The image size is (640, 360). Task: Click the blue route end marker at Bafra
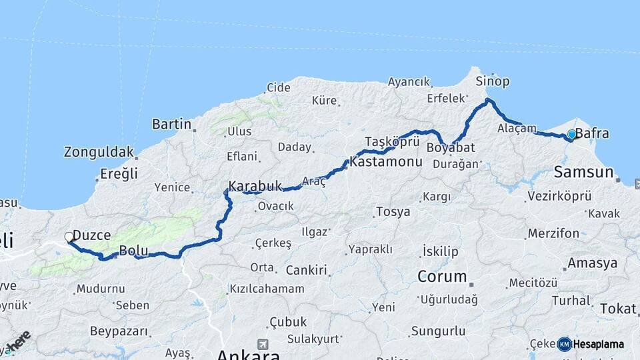tap(571, 135)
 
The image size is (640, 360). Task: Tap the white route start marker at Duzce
tap(69, 237)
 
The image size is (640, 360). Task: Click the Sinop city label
tap(493, 81)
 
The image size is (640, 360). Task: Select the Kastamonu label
tap(386, 162)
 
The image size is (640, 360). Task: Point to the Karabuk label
tap(255, 186)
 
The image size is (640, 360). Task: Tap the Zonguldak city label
tap(99, 152)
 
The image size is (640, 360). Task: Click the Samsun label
tap(583, 173)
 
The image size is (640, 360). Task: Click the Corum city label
tap(442, 276)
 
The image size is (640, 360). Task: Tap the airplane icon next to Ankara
tap(263, 344)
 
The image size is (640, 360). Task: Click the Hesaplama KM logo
tap(564, 344)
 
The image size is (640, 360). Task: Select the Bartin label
tap(172, 124)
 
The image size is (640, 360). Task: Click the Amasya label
tap(592, 263)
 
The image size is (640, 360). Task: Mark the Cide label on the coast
tap(279, 87)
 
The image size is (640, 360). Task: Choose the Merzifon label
tap(553, 233)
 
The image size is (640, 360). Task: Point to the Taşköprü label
tap(392, 141)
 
